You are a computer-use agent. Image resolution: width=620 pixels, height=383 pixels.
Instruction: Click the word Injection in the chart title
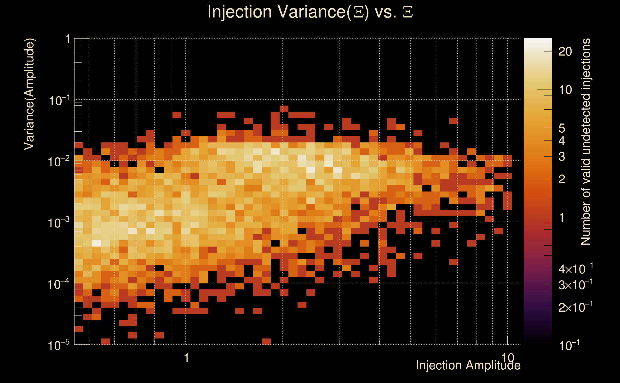coord(240,12)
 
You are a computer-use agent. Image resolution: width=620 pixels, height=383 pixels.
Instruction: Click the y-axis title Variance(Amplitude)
coord(29,94)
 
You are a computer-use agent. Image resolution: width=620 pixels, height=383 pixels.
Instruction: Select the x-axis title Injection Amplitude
coord(468,365)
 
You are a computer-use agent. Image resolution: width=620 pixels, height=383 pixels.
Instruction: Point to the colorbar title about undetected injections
coord(585,142)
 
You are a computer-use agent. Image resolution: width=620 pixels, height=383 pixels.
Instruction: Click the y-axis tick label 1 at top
coord(68,39)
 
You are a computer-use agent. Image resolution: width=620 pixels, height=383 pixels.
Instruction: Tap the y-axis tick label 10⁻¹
coord(59,100)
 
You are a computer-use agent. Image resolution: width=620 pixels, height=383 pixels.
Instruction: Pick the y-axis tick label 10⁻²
coord(58,161)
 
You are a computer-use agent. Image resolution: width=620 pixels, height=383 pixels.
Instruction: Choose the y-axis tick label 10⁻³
coord(58,223)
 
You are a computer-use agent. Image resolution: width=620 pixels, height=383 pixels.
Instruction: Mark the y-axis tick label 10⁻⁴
coord(58,284)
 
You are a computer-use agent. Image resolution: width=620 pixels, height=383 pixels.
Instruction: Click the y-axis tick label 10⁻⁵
coord(58,345)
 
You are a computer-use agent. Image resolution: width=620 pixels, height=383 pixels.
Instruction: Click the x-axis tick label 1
coord(186,358)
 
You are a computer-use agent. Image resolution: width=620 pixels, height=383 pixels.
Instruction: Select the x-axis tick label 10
coord(508,358)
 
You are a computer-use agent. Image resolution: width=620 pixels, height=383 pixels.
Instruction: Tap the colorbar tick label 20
coord(565,52)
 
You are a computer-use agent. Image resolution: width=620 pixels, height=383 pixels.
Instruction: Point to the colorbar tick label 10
coord(565,90)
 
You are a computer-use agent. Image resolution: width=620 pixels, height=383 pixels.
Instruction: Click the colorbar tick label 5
coord(562,129)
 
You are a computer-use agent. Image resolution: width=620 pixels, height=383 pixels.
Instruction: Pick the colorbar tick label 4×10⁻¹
coord(575,269)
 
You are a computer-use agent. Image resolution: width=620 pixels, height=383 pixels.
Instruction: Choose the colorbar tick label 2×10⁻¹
coord(575,307)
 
